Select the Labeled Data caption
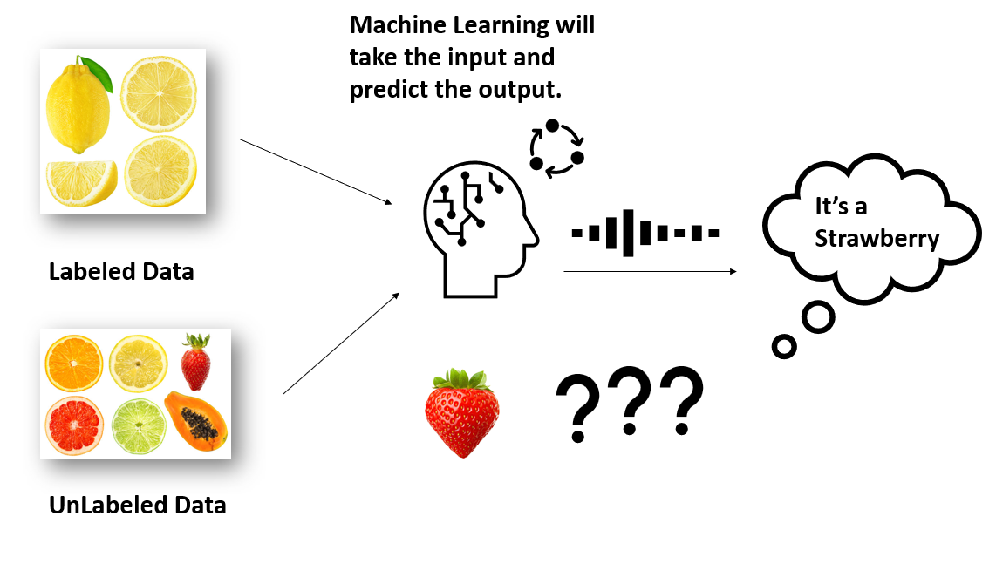click(x=121, y=272)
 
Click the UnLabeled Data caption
click(x=137, y=504)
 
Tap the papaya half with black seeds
click(x=196, y=419)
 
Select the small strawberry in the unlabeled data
click(x=195, y=363)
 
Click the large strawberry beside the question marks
click(x=462, y=417)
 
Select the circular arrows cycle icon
click(x=556, y=149)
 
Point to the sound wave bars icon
click(x=645, y=233)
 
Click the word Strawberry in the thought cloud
click(x=877, y=239)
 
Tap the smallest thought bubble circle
click(x=784, y=347)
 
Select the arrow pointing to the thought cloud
click(x=650, y=271)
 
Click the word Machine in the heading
click(x=393, y=24)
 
